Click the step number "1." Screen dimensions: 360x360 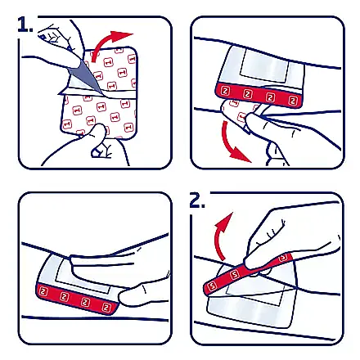pyautogui.click(x=25, y=25)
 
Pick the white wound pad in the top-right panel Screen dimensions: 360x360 pyautogui.click(x=264, y=66)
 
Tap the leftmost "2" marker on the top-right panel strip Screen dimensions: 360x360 pyautogui.click(x=225, y=91)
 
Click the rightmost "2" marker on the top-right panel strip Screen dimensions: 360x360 pyautogui.click(x=293, y=101)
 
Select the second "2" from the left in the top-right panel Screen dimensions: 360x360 pyautogui.click(x=247, y=94)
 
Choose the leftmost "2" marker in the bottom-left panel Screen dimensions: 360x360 pyautogui.click(x=43, y=291)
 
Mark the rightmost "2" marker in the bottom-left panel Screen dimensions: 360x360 pyautogui.click(x=106, y=308)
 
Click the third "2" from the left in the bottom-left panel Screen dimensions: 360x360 pyautogui.click(x=85, y=302)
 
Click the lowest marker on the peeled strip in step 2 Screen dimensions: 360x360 pyautogui.click(x=212, y=286)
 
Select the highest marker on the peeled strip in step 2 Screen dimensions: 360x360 pyautogui.click(x=284, y=257)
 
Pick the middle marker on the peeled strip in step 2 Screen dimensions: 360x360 pyautogui.click(x=234, y=275)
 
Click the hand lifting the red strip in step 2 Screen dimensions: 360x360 pyautogui.click(x=289, y=237)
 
